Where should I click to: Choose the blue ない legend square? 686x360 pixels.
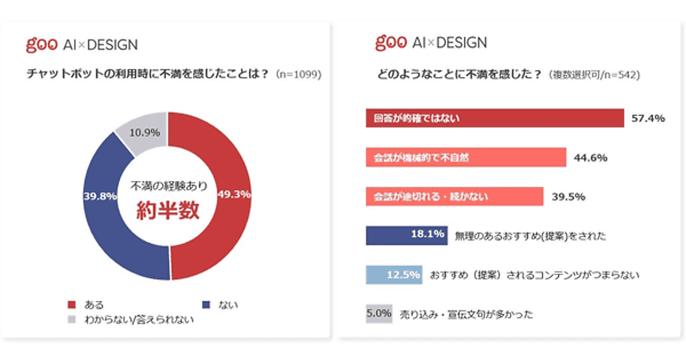coord(206,305)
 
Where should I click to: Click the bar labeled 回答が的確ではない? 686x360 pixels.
coord(494,118)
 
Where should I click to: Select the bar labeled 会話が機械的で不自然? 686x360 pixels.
coord(465,158)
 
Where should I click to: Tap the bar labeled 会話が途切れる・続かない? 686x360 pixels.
coord(454,197)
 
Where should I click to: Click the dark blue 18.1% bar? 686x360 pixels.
coord(406,235)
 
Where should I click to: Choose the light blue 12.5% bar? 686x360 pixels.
coord(394,275)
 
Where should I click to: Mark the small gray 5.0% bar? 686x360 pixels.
coord(378,314)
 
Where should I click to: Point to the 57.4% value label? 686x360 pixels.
coord(648,119)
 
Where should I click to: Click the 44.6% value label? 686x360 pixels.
coord(591,158)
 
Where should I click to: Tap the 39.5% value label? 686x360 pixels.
coord(568,197)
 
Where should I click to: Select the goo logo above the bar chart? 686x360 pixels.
coord(390,42)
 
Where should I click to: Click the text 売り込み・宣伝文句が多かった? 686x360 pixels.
coord(466,314)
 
